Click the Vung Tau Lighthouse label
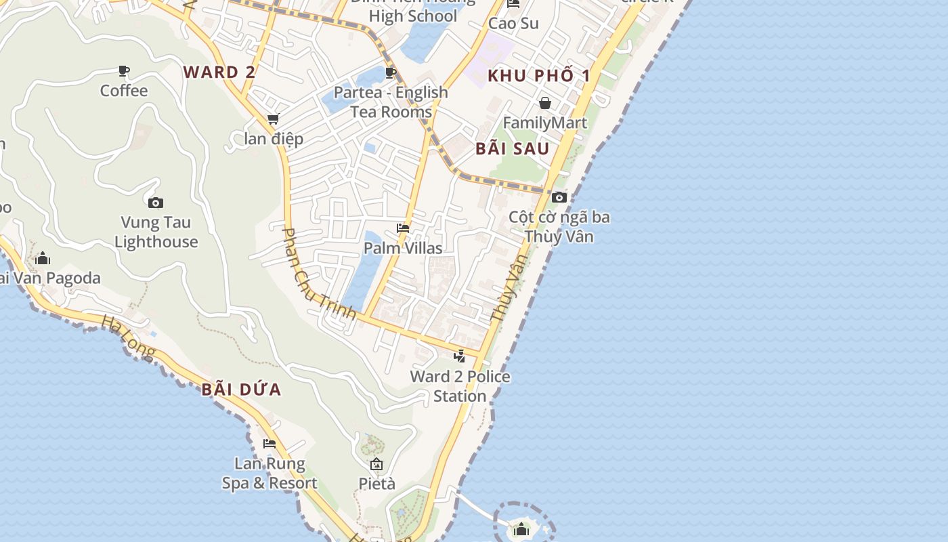pos(156,232)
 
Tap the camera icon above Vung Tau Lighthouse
pos(156,203)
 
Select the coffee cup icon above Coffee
pos(124,70)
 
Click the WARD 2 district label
pos(219,72)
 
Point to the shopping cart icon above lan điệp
pos(273,119)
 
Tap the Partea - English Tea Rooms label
pos(391,102)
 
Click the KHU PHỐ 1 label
pos(539,75)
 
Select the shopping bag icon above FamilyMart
pos(545,103)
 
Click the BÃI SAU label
pos(512,149)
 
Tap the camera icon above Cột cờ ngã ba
pos(559,197)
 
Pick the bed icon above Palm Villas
pos(403,228)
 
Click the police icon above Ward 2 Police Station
pos(460,356)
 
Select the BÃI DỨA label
pos(241,390)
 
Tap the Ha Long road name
pos(129,337)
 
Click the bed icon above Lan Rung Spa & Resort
pos(270,444)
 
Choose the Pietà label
pos(376,484)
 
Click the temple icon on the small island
pos(521,529)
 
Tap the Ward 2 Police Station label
pos(460,386)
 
